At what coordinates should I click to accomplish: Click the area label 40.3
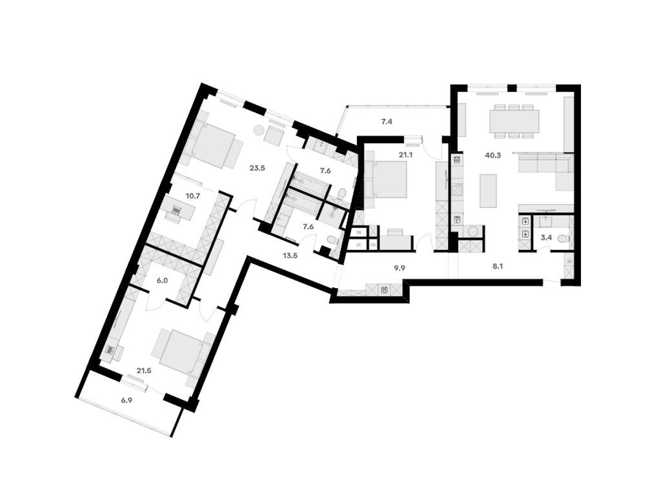pyautogui.click(x=493, y=156)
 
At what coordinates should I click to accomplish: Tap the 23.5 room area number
pyautogui.click(x=258, y=168)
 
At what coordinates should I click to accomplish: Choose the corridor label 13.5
pyautogui.click(x=290, y=254)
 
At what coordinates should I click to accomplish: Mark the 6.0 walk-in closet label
pyautogui.click(x=161, y=280)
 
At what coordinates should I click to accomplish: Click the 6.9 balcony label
pyautogui.click(x=127, y=400)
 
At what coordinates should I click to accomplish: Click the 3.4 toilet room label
pyautogui.click(x=546, y=238)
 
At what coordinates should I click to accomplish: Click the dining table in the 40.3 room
pyautogui.click(x=514, y=121)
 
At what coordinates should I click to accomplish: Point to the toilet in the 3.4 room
pyautogui.click(x=563, y=239)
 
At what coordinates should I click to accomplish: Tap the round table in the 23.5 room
pyautogui.click(x=258, y=130)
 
